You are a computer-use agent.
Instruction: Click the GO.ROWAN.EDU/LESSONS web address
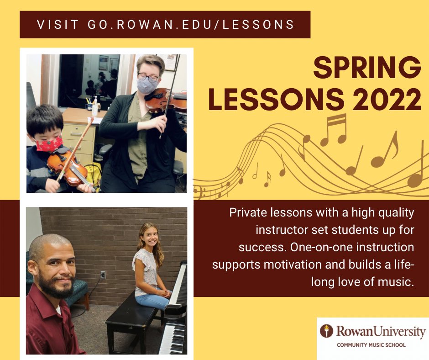pos(190,25)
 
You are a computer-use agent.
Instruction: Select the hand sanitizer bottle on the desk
pos(95,106)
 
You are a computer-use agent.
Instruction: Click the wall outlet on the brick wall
pos(103,275)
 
